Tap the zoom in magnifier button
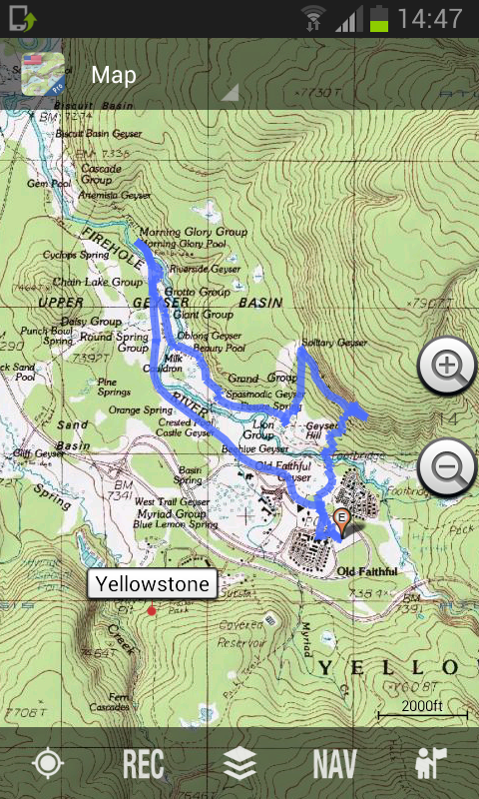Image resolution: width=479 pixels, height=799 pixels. (448, 368)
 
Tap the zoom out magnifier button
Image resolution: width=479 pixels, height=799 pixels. (448, 465)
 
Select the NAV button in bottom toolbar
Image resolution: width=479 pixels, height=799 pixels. (334, 764)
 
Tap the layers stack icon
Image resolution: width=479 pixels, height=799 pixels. (239, 764)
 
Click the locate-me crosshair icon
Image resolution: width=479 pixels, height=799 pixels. (47, 764)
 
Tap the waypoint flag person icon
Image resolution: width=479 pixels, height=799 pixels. (431, 764)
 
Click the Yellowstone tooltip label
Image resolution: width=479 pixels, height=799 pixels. (153, 584)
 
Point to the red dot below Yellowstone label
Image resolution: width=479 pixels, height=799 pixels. (152, 610)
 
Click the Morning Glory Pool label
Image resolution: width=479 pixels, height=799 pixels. (183, 244)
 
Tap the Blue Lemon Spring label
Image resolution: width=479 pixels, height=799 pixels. (175, 524)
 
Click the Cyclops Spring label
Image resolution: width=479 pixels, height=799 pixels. (77, 256)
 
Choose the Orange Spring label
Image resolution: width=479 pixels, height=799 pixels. (140, 409)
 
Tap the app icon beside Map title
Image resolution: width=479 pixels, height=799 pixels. (43, 75)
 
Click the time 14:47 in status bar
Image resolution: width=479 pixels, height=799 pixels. (430, 18)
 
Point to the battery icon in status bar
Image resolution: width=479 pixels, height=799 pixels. (379, 18)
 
